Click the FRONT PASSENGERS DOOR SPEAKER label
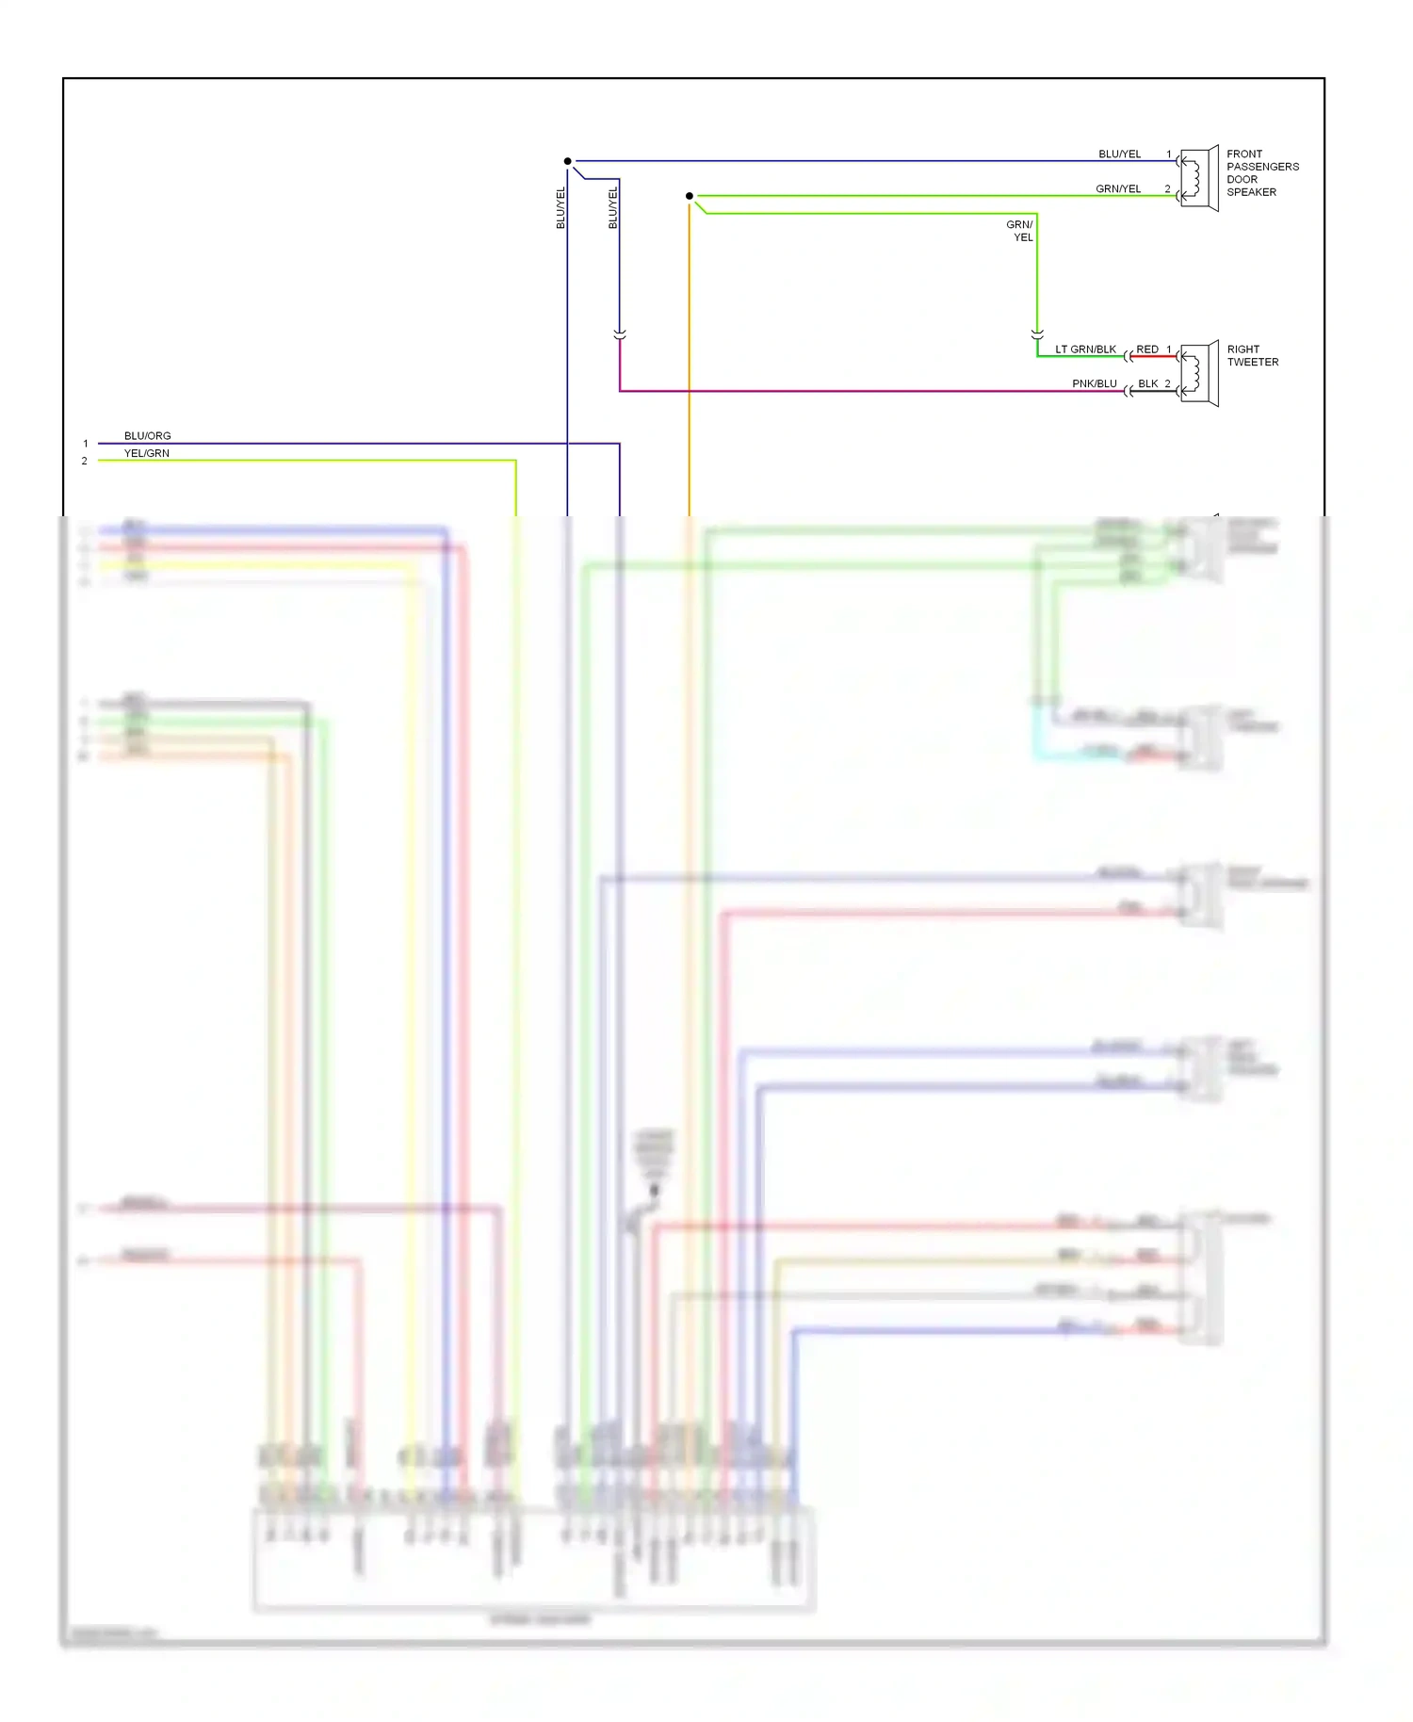1261,172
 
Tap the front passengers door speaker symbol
1198,178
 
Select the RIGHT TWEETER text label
1252,355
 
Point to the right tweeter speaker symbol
1198,374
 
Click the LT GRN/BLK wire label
1085,349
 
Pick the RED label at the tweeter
1146,349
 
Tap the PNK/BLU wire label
1094,383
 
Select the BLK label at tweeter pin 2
1147,383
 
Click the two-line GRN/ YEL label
1020,231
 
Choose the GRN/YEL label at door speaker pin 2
1117,188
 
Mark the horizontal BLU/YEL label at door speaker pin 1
1119,154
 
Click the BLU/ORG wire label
147,436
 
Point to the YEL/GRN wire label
146,453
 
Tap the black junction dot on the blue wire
567,161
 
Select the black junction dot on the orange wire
690,196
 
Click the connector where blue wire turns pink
619,334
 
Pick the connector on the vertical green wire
1037,334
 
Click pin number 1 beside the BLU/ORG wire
85,444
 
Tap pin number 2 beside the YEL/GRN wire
84,461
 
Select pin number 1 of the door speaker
1169,154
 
